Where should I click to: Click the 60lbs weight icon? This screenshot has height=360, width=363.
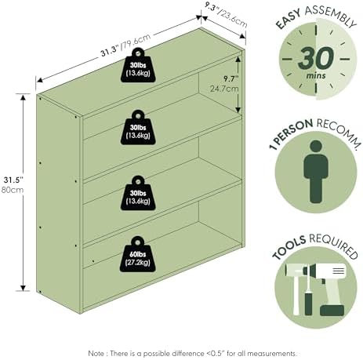coord(137,254)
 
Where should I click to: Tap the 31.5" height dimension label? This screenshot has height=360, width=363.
coord(13,180)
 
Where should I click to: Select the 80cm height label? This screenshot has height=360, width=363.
coord(13,190)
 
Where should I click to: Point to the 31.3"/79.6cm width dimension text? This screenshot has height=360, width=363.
coord(126,45)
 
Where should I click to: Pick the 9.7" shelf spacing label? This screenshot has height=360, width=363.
coord(231,78)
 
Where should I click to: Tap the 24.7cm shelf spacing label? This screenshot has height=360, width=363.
coord(224,89)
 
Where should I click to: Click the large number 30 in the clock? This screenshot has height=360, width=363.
coord(316,58)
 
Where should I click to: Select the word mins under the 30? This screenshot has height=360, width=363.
coord(316,76)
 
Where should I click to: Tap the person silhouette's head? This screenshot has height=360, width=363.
coord(316,147)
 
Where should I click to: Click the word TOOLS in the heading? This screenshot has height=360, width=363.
coord(289,246)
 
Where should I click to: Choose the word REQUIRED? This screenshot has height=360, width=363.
coord(334,245)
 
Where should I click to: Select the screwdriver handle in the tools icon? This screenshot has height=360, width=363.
coord(308,304)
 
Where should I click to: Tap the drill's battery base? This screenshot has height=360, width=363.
coord(332,311)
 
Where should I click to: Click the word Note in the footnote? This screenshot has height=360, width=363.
coord(96,354)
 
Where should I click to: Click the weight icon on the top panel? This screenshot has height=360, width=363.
coord(138,65)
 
